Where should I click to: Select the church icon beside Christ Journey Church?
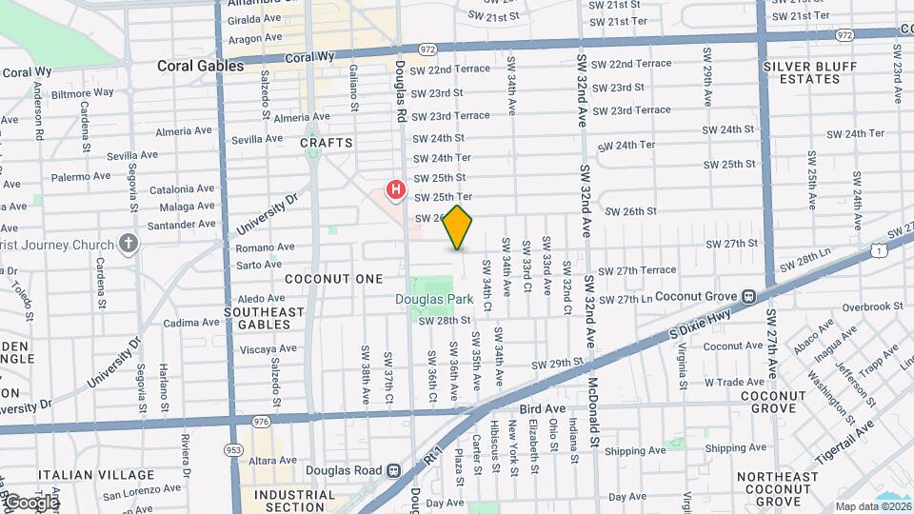point(129,244)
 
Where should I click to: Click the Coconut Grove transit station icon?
point(748,297)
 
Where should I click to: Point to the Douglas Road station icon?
point(392,470)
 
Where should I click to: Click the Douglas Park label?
point(434,299)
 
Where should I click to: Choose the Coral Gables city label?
point(201,67)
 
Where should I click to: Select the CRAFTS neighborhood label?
point(326,143)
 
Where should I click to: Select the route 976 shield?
point(260,421)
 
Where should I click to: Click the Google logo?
point(31,502)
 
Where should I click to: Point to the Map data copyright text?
point(872,506)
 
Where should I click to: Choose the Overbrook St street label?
point(870,306)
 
